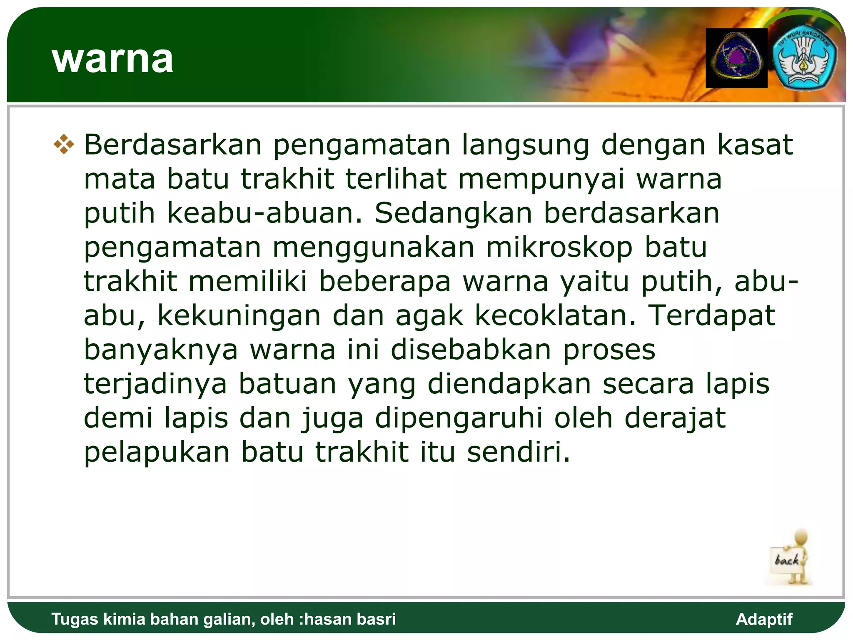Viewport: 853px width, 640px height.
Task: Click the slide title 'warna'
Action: (x=112, y=60)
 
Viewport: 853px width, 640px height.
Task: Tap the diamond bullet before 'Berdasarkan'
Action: (x=64, y=145)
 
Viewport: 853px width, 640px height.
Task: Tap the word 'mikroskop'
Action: (x=559, y=247)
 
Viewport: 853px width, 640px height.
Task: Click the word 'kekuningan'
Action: (x=239, y=315)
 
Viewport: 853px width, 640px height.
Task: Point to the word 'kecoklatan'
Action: (x=556, y=315)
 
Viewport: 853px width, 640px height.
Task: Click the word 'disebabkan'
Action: (x=471, y=350)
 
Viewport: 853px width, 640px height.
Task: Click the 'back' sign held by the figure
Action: (x=787, y=560)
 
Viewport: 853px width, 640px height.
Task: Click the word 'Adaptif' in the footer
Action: (x=764, y=619)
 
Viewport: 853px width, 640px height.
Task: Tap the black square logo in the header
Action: (x=736, y=58)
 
